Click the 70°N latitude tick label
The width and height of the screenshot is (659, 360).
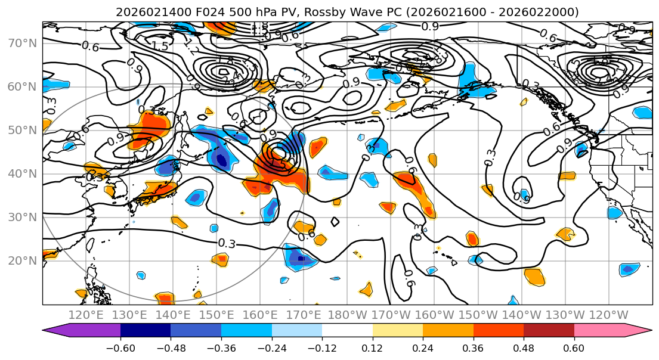(x=22, y=43)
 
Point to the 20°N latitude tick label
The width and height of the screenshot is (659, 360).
(x=22, y=260)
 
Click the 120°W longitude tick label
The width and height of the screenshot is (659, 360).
(x=609, y=315)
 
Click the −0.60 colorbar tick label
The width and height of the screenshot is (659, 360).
(x=120, y=347)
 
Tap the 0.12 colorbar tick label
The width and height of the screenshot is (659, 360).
(x=372, y=347)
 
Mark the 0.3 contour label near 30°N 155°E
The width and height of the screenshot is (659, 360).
(x=227, y=243)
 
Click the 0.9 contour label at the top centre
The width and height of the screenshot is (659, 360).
(x=430, y=26)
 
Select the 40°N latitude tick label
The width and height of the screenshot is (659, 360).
(x=22, y=173)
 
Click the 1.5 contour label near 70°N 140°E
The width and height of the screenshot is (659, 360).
(x=160, y=46)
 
